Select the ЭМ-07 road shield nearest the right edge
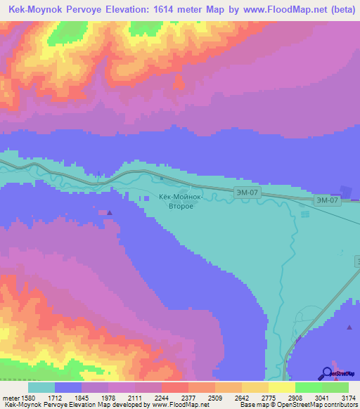point(328,200)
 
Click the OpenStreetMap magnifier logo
point(327,372)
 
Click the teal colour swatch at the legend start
point(41,387)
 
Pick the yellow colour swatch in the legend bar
point(281,387)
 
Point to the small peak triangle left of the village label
point(108,212)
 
